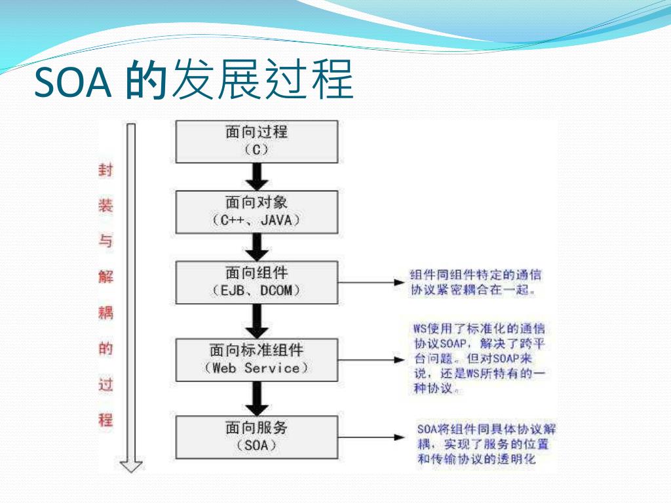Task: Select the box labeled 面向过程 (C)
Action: [256, 140]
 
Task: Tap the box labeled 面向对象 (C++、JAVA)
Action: [256, 211]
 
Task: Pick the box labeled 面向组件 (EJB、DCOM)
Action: [256, 282]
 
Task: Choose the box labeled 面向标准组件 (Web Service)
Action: [256, 359]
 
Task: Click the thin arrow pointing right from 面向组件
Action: [371, 283]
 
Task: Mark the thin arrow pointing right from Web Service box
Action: [371, 359]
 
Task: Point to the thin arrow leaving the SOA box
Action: [371, 437]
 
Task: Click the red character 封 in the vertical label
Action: [105, 171]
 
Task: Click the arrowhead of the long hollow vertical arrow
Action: [131, 466]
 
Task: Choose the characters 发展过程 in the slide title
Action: [261, 82]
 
